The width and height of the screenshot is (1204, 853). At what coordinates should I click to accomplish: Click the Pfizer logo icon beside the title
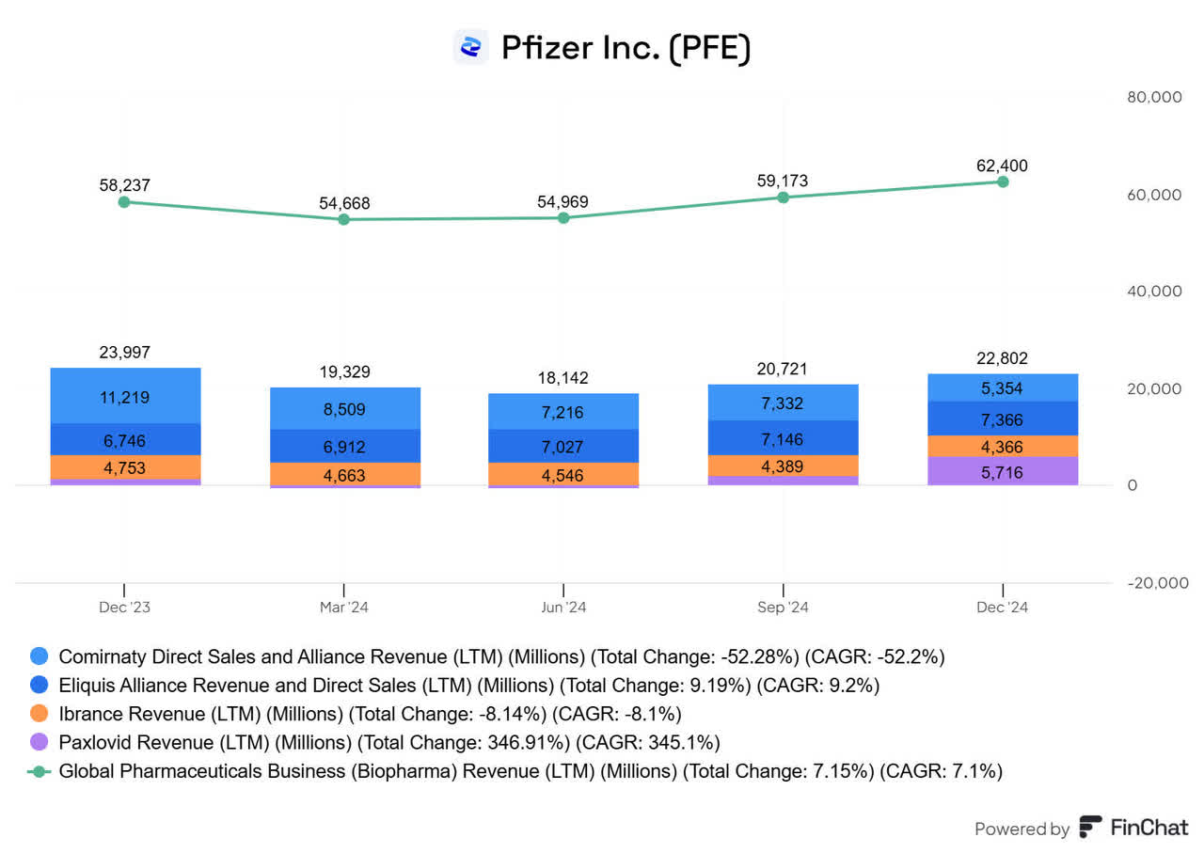470,46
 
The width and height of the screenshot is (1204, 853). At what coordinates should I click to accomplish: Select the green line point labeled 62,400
1003,182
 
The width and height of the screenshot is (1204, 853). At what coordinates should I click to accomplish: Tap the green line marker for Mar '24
343,219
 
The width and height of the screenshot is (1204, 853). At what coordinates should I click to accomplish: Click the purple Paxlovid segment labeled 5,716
1003,471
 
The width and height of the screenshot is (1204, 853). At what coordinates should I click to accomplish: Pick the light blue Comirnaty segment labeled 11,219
124,396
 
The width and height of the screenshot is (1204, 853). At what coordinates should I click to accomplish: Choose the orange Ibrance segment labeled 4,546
562,474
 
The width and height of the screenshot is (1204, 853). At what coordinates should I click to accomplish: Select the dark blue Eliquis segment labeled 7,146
783,438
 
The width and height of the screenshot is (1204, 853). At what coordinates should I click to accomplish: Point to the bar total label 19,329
343,371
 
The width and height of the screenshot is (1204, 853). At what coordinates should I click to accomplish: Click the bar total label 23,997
124,352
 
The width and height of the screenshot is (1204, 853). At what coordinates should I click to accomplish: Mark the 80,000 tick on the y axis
1153,98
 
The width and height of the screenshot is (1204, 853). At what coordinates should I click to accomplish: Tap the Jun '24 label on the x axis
562,608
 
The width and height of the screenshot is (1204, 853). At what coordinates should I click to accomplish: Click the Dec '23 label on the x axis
124,608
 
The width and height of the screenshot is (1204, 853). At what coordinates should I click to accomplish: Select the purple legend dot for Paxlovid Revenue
40,742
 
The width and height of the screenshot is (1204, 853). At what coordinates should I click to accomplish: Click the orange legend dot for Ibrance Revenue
40,713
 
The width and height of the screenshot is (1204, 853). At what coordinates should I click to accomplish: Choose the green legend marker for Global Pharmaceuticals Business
40,771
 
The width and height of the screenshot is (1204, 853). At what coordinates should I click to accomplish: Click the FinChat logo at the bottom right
1091,828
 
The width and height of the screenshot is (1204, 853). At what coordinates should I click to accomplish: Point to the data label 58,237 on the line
124,185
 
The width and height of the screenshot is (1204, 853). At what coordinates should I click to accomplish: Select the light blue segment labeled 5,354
1003,388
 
